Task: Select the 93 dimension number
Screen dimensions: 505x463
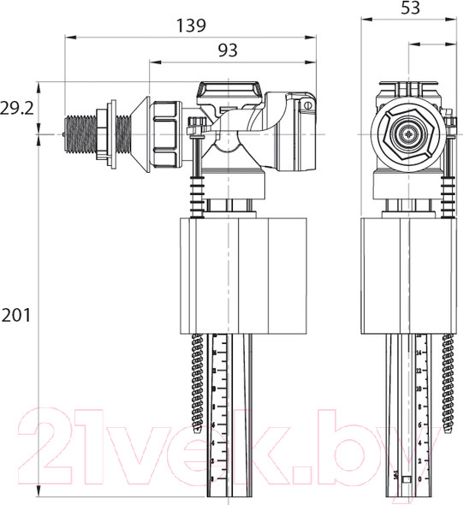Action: point(226,50)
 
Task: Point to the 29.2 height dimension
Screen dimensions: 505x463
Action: point(17,108)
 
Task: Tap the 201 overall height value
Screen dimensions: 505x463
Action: point(15,315)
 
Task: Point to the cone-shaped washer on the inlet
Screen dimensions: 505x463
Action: point(130,133)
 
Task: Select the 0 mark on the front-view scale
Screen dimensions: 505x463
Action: point(418,477)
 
